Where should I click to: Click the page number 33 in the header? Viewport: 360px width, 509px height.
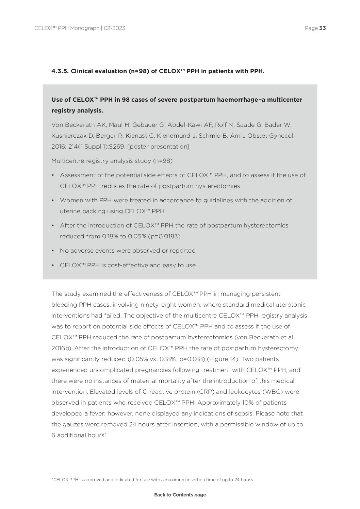pyautogui.click(x=323, y=28)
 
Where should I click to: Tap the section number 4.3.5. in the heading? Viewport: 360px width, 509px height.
pyautogui.click(x=60, y=71)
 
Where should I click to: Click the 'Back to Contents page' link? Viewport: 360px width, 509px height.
pyautogui.click(x=180, y=495)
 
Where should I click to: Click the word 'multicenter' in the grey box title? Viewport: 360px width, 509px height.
pyautogui.click(x=285, y=100)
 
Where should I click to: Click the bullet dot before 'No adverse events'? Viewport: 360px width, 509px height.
pyautogui.click(x=53, y=251)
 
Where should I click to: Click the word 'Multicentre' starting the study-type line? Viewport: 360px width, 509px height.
pyautogui.click(x=68, y=161)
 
